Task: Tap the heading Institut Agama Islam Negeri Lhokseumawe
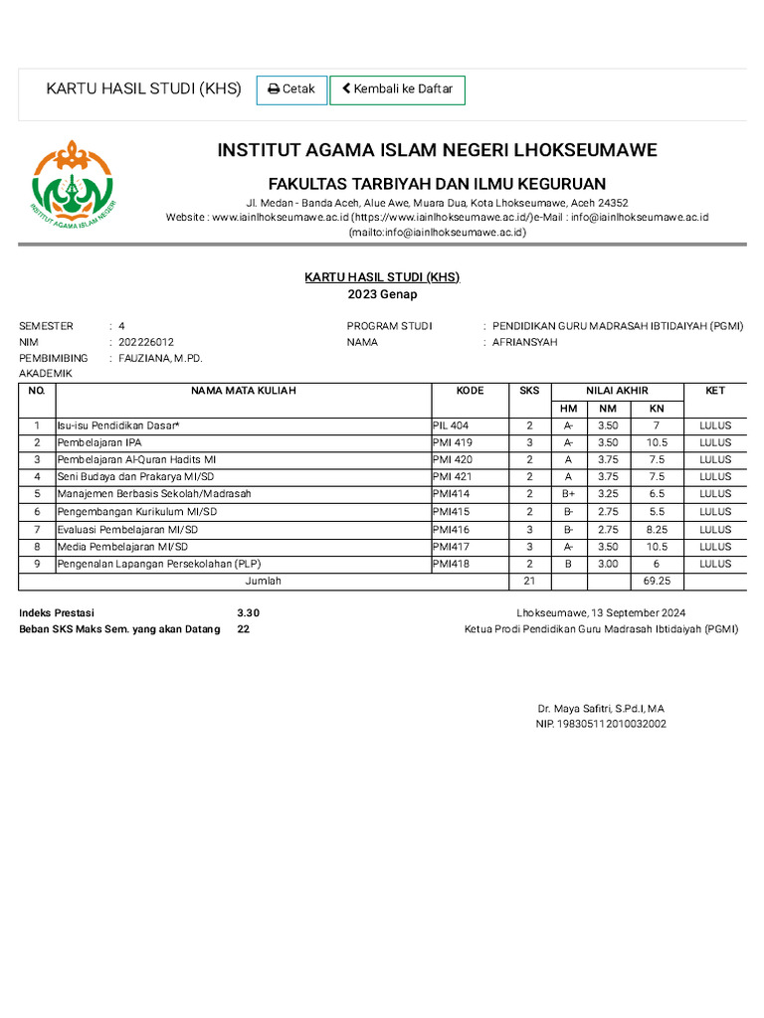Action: pyautogui.click(x=437, y=151)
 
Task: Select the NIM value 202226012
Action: pyautogui.click(x=146, y=342)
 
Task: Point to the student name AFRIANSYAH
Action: pyautogui.click(x=525, y=342)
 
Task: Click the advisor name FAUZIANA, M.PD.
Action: pyautogui.click(x=160, y=358)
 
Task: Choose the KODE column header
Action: pyautogui.click(x=470, y=391)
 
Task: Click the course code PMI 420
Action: pyautogui.click(x=454, y=460)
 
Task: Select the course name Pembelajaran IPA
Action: pyautogui.click(x=99, y=442)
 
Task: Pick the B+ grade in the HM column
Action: pyautogui.click(x=568, y=494)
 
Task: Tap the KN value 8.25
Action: pyautogui.click(x=656, y=529)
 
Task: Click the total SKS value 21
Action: pyautogui.click(x=529, y=581)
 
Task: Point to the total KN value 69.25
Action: pyautogui.click(x=657, y=581)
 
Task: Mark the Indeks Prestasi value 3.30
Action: pyautogui.click(x=248, y=613)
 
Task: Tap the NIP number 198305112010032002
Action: pyautogui.click(x=601, y=725)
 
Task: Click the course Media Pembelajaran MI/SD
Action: pyautogui.click(x=122, y=547)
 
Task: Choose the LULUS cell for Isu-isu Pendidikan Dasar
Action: pyautogui.click(x=714, y=425)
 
